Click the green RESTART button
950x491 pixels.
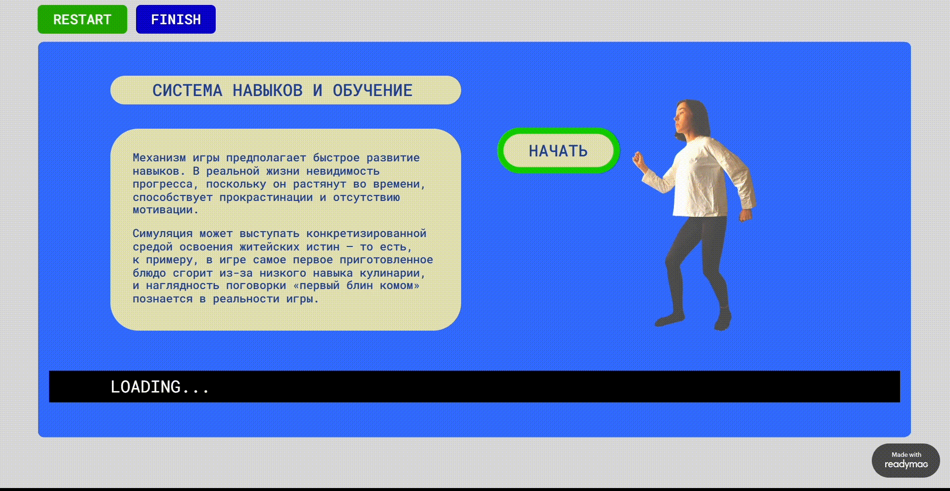[82, 19]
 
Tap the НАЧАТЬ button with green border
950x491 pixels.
[558, 150]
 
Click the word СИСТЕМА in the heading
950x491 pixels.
[187, 91]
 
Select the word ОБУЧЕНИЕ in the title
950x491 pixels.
[372, 91]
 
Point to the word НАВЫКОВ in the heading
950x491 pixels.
[268, 91]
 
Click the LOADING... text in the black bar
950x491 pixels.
[159, 387]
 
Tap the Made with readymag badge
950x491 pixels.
[905, 460]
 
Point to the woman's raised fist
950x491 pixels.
[638, 159]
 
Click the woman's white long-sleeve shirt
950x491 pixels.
[703, 178]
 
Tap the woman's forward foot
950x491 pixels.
[669, 320]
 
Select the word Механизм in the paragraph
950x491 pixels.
[159, 158]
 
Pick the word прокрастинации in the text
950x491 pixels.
[266, 197]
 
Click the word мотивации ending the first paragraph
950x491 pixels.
[162, 210]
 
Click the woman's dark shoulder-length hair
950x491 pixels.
[698, 116]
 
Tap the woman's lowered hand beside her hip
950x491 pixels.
[745, 214]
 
